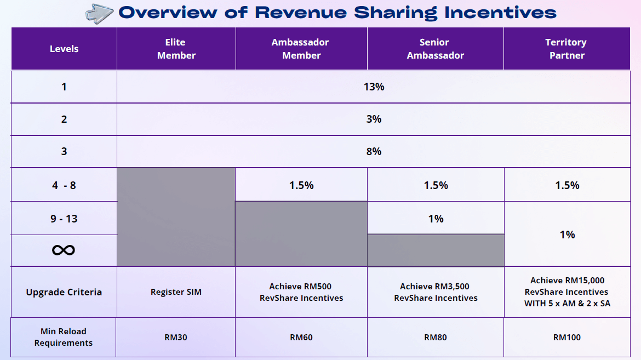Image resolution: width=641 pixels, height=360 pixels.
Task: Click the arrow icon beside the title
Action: [100, 13]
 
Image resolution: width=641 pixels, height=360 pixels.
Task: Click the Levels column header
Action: [64, 49]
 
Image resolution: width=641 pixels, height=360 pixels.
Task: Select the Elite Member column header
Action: [176, 49]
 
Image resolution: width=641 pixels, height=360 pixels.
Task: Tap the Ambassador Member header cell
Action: [301, 49]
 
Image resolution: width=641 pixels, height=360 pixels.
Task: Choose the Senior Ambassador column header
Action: [435, 49]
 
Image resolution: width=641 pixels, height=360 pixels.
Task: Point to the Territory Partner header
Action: [566, 49]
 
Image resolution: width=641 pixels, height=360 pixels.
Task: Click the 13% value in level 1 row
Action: [374, 87]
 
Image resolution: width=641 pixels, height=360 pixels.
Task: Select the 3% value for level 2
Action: [374, 119]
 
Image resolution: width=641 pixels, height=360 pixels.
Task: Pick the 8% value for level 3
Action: [374, 151]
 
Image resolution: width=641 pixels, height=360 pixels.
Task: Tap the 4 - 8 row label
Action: [64, 185]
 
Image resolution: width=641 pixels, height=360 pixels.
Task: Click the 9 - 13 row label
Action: [64, 219]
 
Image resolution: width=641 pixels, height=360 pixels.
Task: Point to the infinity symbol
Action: [64, 250]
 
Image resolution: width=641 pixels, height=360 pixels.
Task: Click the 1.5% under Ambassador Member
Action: [301, 185]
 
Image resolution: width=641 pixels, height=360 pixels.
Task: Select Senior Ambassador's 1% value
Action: [436, 219]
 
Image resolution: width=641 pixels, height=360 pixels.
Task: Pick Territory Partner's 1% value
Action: [567, 235]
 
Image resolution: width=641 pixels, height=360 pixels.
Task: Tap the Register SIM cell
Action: [176, 292]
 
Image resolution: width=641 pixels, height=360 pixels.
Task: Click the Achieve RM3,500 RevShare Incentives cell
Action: [436, 292]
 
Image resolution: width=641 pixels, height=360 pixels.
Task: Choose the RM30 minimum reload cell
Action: [176, 337]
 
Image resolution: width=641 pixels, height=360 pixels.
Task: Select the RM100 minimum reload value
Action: [567, 337]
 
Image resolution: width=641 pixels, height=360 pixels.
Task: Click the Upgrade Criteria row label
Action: [64, 292]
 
